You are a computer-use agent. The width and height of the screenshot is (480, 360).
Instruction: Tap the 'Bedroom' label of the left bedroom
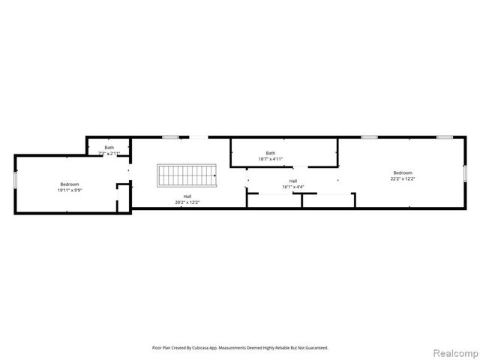tap(70, 184)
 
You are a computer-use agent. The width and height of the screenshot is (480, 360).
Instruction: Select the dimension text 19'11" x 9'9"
tap(70, 190)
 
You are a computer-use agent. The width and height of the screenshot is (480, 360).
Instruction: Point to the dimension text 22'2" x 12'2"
tap(402, 179)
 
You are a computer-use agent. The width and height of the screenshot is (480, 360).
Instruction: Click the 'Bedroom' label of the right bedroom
tap(402, 172)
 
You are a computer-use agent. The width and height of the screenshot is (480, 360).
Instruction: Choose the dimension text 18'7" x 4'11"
tap(270, 159)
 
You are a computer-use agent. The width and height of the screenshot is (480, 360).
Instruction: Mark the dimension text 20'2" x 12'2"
tap(187, 202)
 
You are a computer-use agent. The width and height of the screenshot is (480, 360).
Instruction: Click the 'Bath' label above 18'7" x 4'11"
tap(270, 152)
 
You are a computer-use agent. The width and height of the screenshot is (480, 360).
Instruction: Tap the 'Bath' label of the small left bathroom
tap(109, 147)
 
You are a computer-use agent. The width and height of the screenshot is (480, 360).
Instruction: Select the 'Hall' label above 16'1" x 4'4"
tap(292, 180)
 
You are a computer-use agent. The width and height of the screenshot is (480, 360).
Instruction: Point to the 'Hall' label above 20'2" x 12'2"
tap(187, 196)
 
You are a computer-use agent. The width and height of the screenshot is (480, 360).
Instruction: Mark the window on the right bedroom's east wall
tap(464, 173)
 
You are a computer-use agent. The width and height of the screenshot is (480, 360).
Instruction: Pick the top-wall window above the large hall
tap(171, 137)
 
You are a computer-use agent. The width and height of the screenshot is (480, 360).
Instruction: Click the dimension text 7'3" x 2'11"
tap(109, 153)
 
